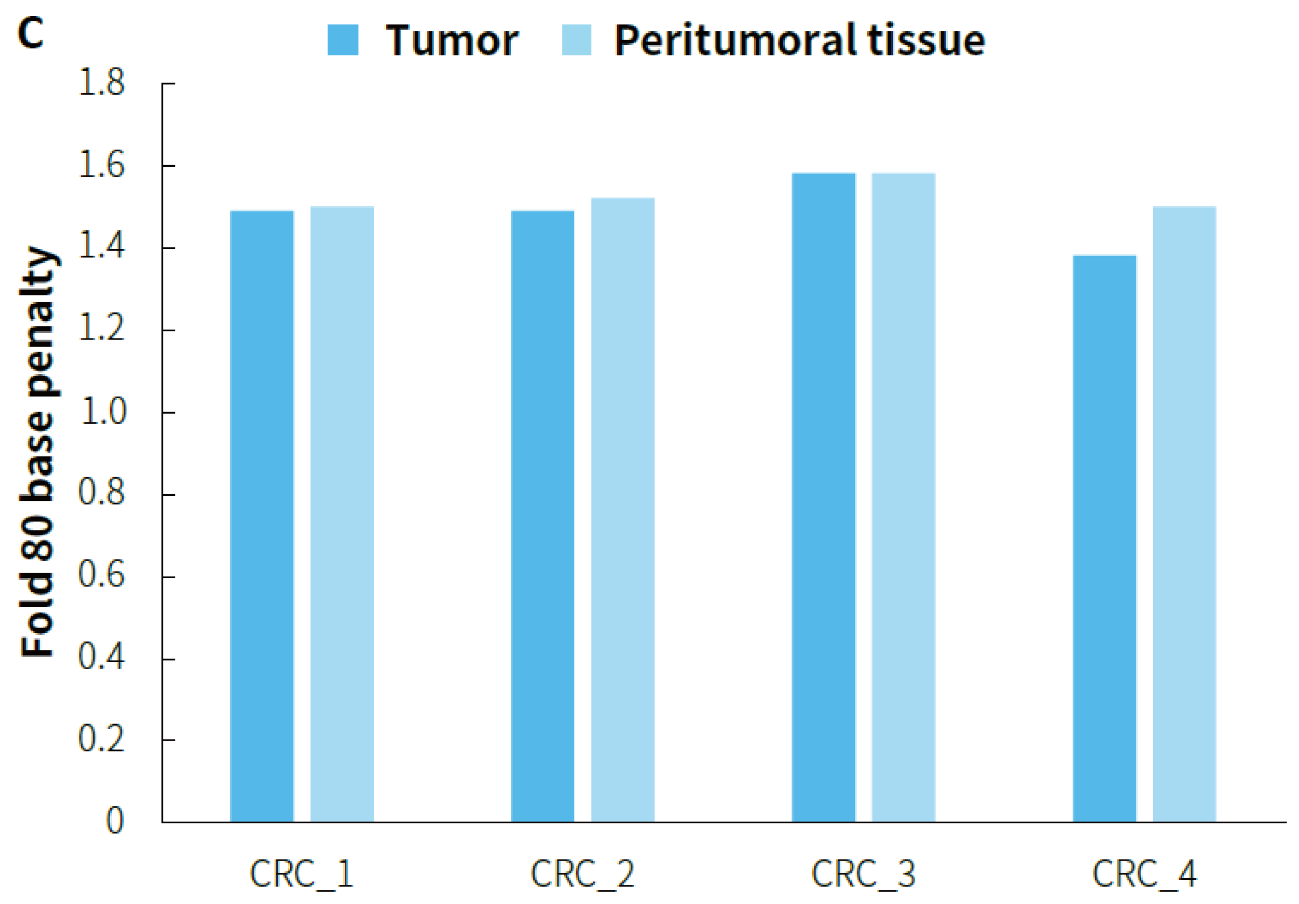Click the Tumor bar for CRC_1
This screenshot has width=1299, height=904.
tap(262, 516)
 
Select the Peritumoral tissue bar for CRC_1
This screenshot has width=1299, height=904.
tap(341, 514)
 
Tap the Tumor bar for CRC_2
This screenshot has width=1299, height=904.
tap(543, 516)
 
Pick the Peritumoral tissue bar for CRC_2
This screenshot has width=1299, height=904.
tap(622, 510)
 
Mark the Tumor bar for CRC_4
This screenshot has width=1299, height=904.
tap(1104, 538)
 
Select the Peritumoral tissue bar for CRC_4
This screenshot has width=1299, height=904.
tap(1184, 514)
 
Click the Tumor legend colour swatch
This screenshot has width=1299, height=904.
tap(343, 40)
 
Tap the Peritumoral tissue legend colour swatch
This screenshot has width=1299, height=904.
tap(577, 40)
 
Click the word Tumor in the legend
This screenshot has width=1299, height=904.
tap(452, 41)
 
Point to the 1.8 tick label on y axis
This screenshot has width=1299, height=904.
tap(101, 83)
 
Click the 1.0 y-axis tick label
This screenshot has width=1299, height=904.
tap(102, 411)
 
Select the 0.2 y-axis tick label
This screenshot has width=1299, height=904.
tap(101, 739)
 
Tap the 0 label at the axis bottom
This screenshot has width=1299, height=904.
tap(115, 820)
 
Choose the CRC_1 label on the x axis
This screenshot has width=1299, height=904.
tap(301, 874)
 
